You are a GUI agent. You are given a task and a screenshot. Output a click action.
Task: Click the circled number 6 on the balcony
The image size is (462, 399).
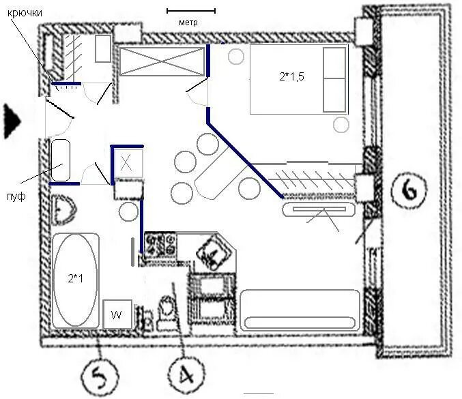click(409, 190)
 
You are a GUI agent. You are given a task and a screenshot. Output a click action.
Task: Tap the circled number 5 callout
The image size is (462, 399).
click(100, 376)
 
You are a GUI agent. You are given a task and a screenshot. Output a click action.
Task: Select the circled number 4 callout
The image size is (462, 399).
click(186, 376)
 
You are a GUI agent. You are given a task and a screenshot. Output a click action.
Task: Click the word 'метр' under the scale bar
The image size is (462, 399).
click(188, 23)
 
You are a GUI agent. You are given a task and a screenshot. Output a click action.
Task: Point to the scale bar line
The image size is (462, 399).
click(191, 11)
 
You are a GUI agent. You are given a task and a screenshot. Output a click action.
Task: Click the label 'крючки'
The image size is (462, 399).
click(25, 13)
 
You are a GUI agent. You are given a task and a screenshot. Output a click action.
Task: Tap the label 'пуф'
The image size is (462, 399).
click(16, 196)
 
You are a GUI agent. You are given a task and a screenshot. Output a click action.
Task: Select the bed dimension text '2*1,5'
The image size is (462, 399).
click(291, 77)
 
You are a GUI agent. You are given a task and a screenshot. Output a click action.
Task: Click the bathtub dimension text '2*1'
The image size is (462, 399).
click(75, 278)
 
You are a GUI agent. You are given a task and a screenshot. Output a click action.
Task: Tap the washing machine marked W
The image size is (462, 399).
click(117, 314)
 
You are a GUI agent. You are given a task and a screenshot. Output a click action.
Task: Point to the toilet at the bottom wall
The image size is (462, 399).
click(166, 313)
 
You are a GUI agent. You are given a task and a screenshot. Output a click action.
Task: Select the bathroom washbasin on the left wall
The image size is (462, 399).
click(63, 209)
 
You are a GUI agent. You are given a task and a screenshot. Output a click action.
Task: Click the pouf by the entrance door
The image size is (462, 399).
click(61, 160)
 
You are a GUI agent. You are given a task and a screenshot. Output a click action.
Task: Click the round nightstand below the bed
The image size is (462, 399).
click(341, 125)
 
